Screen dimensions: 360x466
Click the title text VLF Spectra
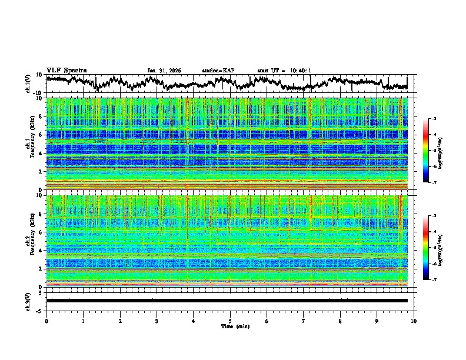pyautogui.click(x=66, y=70)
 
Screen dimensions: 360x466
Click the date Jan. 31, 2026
pyautogui.click(x=164, y=71)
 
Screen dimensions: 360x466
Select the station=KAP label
pyautogui.click(x=218, y=71)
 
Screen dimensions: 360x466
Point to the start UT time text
pyautogui.click(x=284, y=71)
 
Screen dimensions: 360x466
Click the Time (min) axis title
pyautogui.click(x=230, y=326)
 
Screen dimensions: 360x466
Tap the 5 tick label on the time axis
pyautogui.click(x=230, y=321)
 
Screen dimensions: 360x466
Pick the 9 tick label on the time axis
pyautogui.click(x=377, y=321)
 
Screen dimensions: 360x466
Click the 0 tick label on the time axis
pyautogui.click(x=46, y=321)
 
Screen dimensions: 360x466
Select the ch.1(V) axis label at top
pyautogui.click(x=28, y=84)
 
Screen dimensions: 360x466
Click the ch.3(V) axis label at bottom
pyautogui.click(x=28, y=301)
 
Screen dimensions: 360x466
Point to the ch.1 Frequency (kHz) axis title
pyautogui.click(x=31, y=144)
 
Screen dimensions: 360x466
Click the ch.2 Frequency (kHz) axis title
pyautogui.click(x=31, y=241)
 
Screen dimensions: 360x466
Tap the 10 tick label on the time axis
pyautogui.click(x=414, y=321)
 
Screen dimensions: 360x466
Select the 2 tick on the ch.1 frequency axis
pyautogui.click(x=41, y=172)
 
